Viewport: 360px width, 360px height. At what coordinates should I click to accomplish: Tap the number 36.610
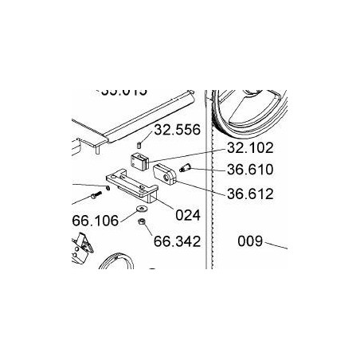pos(250,169)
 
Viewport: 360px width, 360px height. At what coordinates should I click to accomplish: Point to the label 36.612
pos(250,193)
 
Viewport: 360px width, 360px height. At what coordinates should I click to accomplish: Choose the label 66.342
pos(176,240)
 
